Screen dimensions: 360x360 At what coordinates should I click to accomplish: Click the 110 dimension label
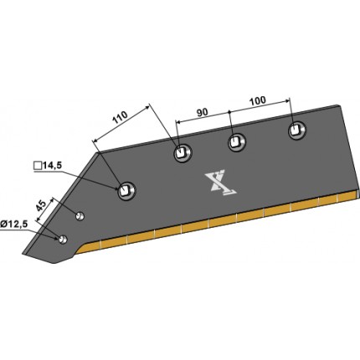point(120,117)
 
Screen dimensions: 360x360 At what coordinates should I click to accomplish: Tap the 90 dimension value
point(203,112)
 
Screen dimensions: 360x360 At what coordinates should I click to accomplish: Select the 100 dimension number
point(258,100)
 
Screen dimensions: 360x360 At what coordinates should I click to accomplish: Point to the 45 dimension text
point(41,206)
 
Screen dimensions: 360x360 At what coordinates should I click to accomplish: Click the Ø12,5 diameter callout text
point(14,224)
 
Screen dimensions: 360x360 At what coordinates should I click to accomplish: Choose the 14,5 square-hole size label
point(52,166)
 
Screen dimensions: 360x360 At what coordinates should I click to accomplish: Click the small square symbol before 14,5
point(38,166)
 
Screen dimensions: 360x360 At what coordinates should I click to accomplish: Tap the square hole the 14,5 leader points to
point(124,190)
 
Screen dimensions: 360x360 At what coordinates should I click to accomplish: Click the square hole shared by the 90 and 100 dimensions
point(234,141)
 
